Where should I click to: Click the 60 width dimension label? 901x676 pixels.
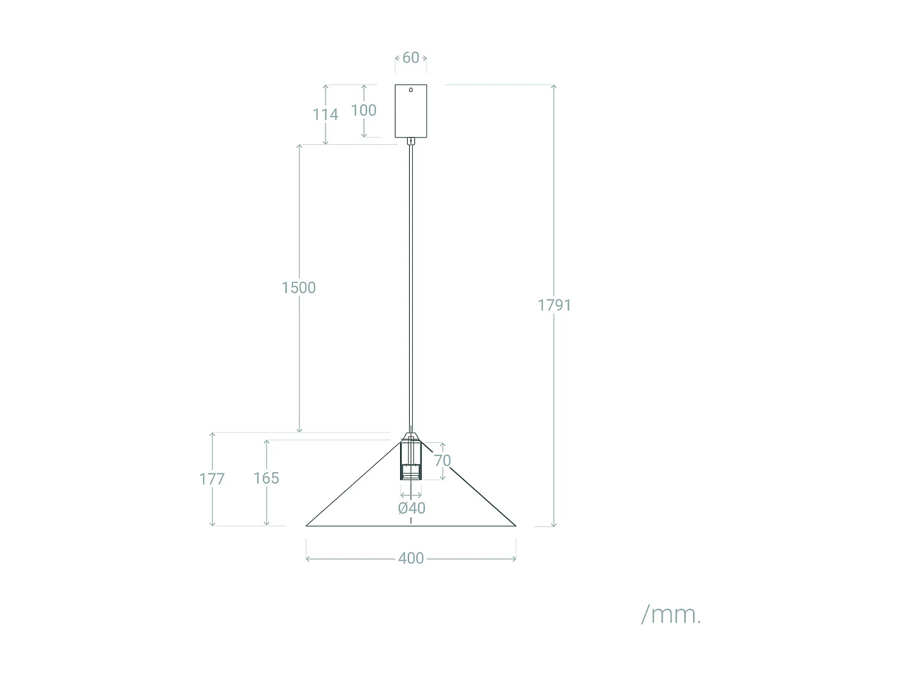(411, 58)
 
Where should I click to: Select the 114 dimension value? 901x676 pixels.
(325, 114)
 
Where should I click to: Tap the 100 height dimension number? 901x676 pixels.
(363, 111)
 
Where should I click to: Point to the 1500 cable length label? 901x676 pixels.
(299, 288)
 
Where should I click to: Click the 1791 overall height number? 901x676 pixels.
(554, 305)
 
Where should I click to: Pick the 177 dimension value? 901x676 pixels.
(211, 479)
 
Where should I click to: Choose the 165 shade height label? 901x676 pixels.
(266, 478)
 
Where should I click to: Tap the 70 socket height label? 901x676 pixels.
(442, 461)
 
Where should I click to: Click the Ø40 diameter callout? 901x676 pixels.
(411, 508)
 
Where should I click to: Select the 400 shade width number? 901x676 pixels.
(411, 558)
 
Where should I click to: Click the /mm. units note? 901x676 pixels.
(671, 615)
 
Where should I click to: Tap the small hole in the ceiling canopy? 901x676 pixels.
(411, 90)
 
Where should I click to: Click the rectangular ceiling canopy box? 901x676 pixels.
(411, 114)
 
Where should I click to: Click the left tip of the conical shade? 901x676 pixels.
(307, 525)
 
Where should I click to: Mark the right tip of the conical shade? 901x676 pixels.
(515, 525)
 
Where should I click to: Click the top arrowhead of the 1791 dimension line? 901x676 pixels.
(553, 87)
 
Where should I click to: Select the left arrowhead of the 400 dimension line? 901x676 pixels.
(308, 559)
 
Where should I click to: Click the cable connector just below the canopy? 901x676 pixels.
(411, 141)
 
